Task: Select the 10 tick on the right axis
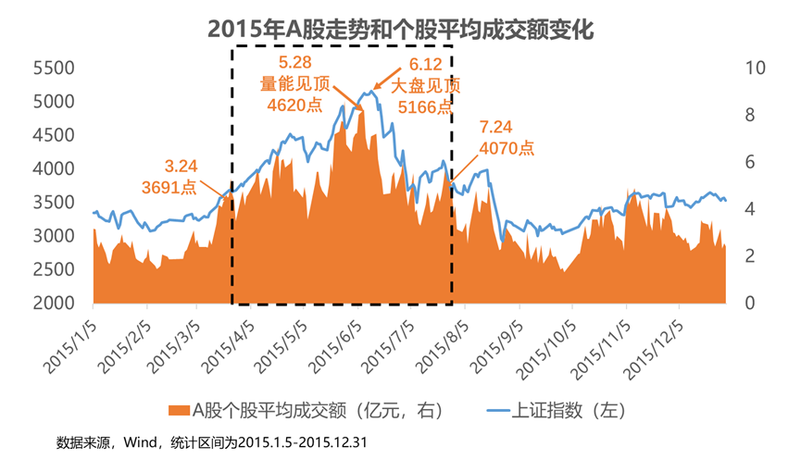tap(755, 68)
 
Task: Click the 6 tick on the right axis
tap(748, 162)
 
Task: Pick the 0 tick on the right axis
tap(748, 304)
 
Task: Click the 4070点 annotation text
tap(506, 146)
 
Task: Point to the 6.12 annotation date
tap(425, 65)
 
